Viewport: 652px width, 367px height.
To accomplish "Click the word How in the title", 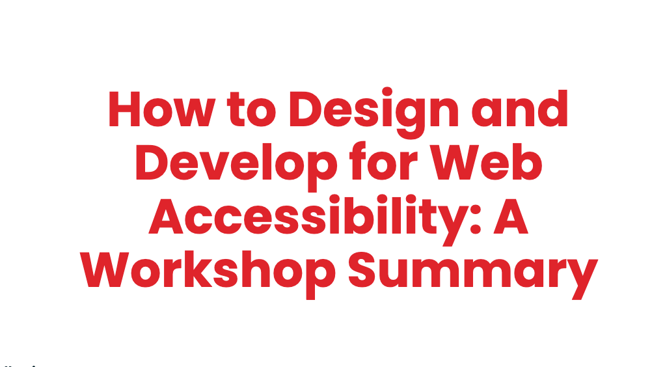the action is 162,109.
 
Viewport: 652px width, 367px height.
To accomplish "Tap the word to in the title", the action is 251,109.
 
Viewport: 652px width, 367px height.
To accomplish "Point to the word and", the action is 519,108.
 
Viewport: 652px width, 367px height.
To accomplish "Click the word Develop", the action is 236,165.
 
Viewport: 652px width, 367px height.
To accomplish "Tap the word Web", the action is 485,161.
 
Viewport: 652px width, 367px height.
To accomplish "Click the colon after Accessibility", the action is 476,220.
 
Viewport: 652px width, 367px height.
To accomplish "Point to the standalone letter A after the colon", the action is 511,216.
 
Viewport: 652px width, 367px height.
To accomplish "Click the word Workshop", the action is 208,272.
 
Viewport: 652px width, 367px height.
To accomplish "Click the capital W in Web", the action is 455,162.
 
